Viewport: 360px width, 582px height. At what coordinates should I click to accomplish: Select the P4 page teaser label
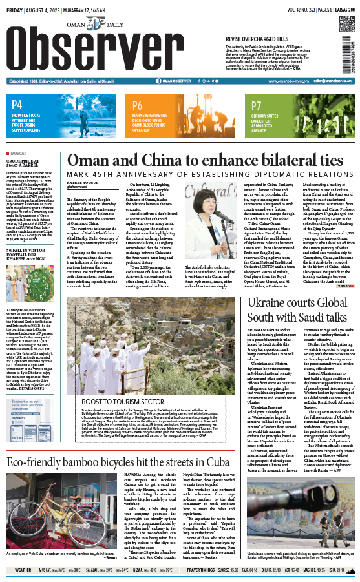17,104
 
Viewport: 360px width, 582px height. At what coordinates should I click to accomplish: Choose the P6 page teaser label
137,105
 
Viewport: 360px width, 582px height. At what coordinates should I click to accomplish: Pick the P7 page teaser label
257,105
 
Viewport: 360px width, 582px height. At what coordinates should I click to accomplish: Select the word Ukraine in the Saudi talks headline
273,302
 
